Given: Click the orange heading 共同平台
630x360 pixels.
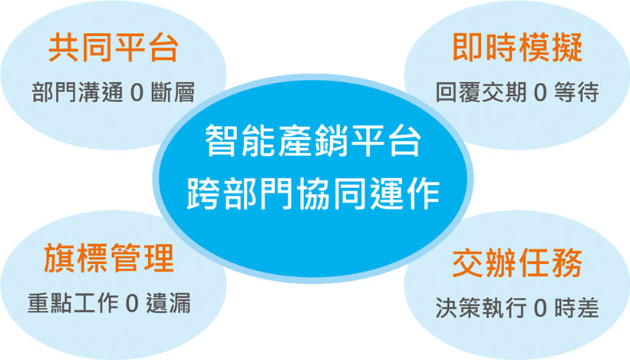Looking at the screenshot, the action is coord(114,48).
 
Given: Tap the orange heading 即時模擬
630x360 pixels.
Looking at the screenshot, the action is coord(517,48).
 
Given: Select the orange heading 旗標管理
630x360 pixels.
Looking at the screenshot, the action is coord(109,258).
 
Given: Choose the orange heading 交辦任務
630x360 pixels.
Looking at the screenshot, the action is coord(517,263).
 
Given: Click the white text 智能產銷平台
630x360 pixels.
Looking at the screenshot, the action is coord(313,141).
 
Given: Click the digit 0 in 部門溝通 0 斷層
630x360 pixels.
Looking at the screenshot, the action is coord(137,92).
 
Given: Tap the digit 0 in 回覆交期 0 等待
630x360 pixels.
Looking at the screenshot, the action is coord(540,92).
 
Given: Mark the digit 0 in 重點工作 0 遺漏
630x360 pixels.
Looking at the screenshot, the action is coord(132,303).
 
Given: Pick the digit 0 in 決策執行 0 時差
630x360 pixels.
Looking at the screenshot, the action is coord(541,308).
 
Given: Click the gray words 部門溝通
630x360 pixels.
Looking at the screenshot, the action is coord(78,92).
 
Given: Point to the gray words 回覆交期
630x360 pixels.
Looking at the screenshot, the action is coord(481,92).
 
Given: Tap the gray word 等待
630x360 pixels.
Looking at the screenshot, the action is coord(576,92).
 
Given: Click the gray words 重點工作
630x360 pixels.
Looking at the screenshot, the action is coord(73,303).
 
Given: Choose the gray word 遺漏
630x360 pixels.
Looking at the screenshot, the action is coord(168,303).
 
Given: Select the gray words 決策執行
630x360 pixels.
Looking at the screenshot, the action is coord(481,308).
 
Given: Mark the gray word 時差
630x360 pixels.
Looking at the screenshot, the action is coord(576,308).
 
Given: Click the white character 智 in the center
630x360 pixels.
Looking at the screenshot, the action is coord(221,141).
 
